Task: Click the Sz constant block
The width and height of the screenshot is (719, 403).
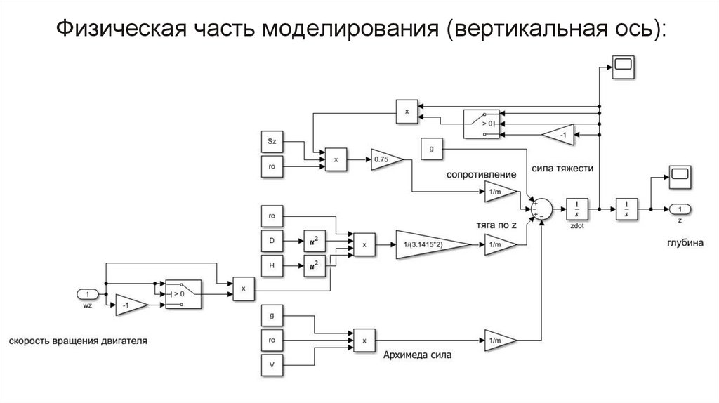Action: (272, 140)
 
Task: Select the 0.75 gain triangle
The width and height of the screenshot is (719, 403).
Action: (385, 161)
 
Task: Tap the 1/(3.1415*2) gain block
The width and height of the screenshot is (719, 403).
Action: (430, 244)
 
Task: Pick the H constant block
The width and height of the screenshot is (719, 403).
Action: (272, 265)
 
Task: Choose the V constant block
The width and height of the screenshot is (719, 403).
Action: (272, 366)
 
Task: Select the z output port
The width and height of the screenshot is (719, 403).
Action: (680, 209)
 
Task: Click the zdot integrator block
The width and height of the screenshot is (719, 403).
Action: (577, 208)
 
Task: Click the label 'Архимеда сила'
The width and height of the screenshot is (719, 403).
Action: (417, 355)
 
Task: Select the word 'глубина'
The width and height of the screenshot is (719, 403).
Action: (680, 243)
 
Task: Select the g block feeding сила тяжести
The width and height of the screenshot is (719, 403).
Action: (430, 149)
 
